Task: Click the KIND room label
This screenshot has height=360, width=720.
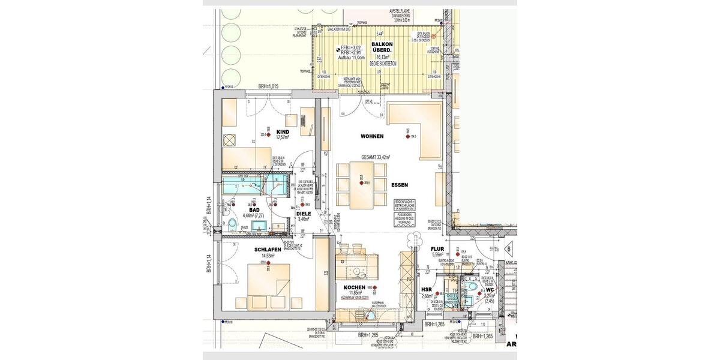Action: click(x=283, y=131)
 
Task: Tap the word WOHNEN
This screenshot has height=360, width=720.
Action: click(x=372, y=137)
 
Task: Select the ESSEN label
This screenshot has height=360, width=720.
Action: click(x=400, y=185)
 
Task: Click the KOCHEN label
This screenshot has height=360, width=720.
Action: click(x=355, y=287)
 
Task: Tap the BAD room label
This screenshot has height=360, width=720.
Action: click(x=254, y=210)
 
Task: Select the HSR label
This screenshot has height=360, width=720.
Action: click(x=427, y=290)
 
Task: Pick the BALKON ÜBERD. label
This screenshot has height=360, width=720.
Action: click(x=383, y=47)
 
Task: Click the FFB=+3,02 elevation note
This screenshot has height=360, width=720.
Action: click(x=352, y=47)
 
